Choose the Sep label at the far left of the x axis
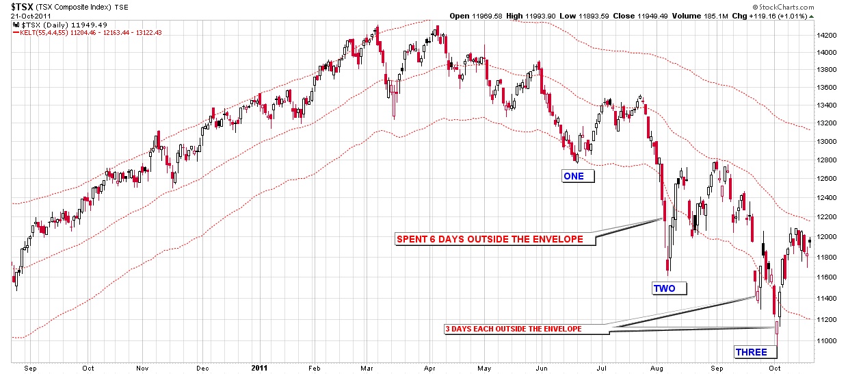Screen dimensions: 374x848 tap(30, 367)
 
